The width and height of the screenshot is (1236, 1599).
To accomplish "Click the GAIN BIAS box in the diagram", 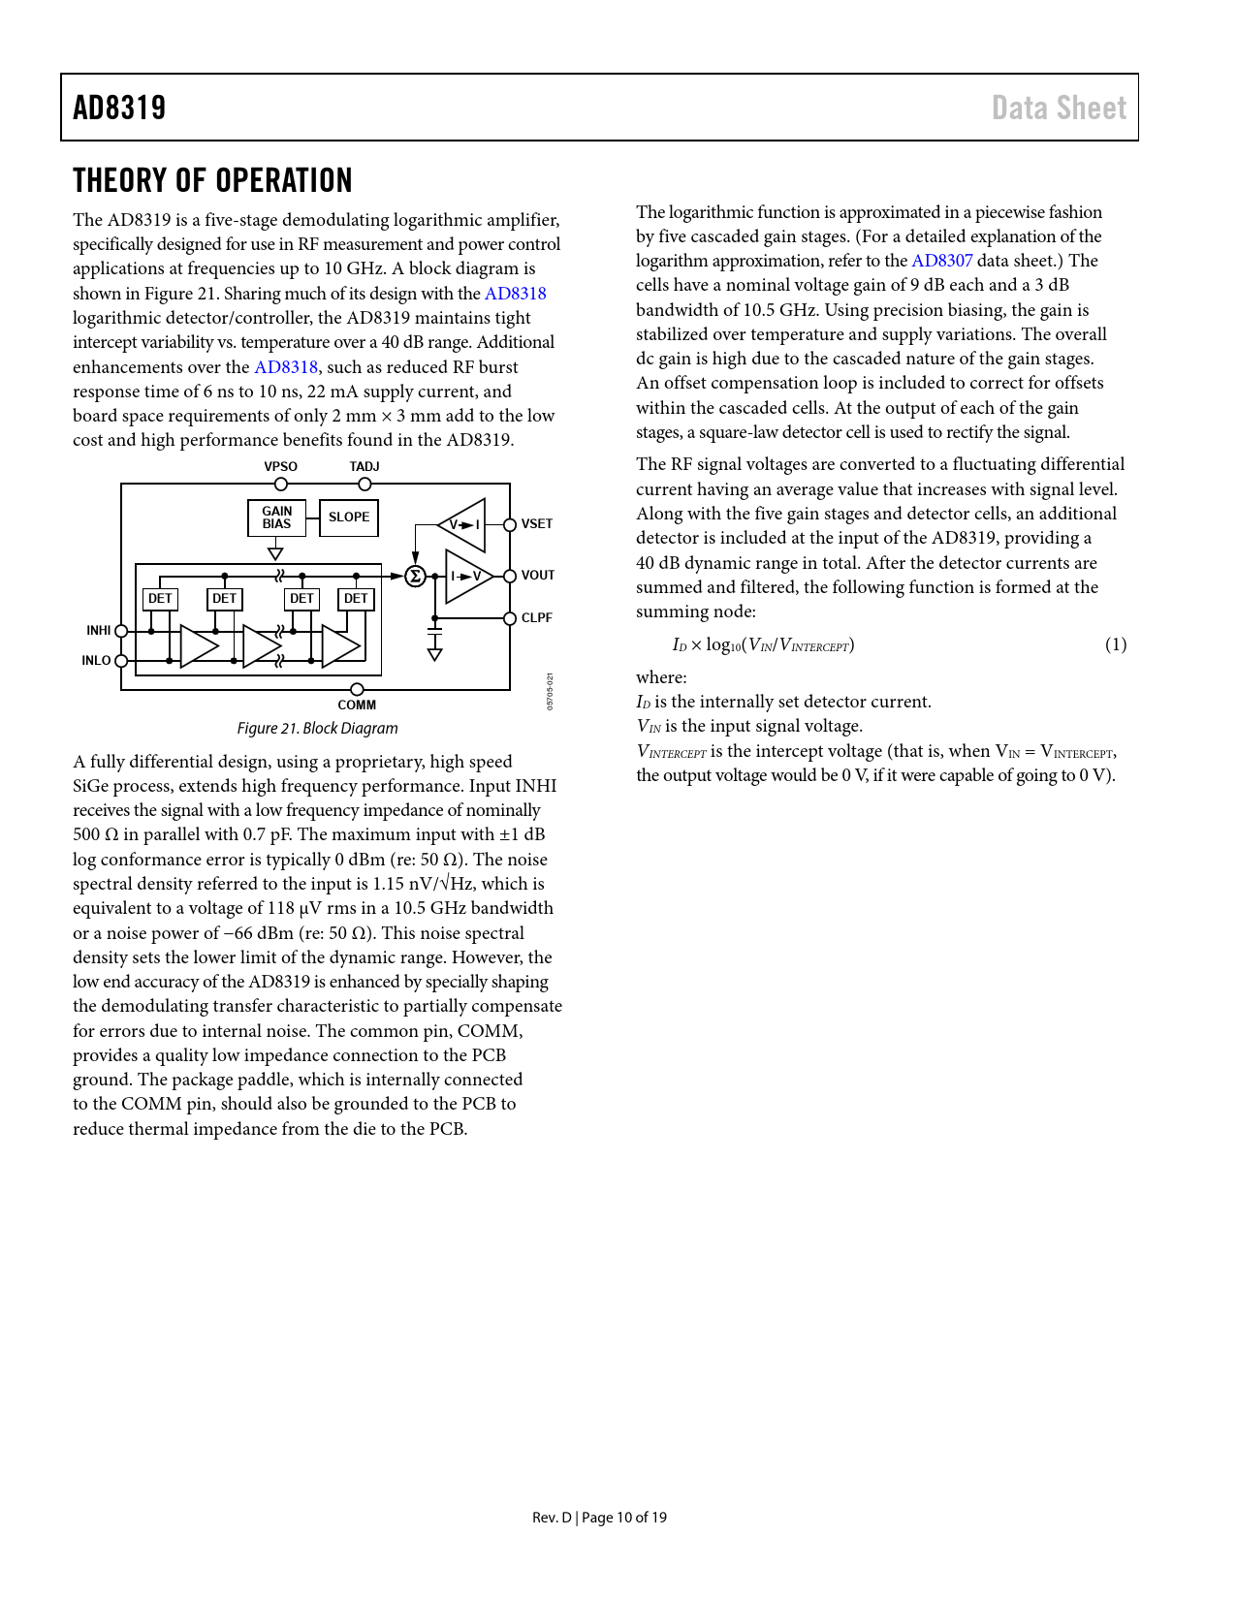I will pyautogui.click(x=276, y=517).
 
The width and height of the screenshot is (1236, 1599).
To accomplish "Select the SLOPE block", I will pyautogui.click(x=349, y=517).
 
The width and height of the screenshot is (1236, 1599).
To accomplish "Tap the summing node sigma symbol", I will pyautogui.click(x=415, y=577).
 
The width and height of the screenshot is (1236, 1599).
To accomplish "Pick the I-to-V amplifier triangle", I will pyautogui.click(x=466, y=577).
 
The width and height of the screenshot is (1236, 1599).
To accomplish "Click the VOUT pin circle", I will pyautogui.click(x=510, y=576).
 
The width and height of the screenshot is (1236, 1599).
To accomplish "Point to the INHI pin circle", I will pyautogui.click(x=121, y=631).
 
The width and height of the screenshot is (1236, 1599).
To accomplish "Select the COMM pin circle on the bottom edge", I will pyautogui.click(x=357, y=690).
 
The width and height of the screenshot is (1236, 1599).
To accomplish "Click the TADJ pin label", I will pyautogui.click(x=364, y=467).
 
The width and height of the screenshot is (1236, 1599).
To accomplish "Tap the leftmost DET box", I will pyautogui.click(x=160, y=599).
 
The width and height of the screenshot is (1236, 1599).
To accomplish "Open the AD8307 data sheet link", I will pyautogui.click(x=941, y=261).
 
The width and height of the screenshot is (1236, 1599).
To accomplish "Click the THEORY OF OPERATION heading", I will pyautogui.click(x=212, y=181).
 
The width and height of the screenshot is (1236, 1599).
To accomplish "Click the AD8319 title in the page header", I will pyautogui.click(x=119, y=108).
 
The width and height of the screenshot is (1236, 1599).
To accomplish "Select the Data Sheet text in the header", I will pyautogui.click(x=1059, y=108).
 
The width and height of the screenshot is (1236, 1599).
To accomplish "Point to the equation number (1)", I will pyautogui.click(x=1116, y=644).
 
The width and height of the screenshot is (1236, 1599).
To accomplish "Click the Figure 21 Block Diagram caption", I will pyautogui.click(x=317, y=728).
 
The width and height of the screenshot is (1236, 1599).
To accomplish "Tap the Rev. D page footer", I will pyautogui.click(x=599, y=1518).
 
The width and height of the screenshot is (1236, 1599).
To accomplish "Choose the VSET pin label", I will pyautogui.click(x=537, y=524).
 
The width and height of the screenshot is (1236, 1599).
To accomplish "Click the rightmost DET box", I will pyautogui.click(x=356, y=599).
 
